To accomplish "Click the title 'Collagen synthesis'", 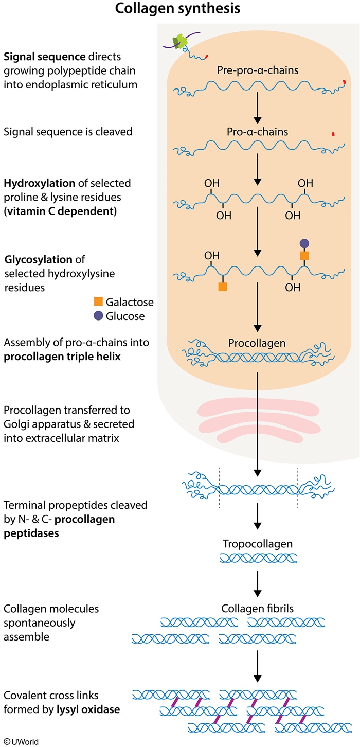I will point(180,9).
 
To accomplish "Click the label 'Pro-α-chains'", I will point(258,132).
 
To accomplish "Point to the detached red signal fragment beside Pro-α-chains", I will point(333,134).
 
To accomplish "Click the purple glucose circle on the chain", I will point(304,243).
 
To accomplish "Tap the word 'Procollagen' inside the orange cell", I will point(258,342).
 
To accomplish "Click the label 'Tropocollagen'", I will point(258,544).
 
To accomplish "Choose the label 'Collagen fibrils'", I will point(258,609).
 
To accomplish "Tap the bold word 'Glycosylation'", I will point(34,260).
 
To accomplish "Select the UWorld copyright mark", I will point(20,741).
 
